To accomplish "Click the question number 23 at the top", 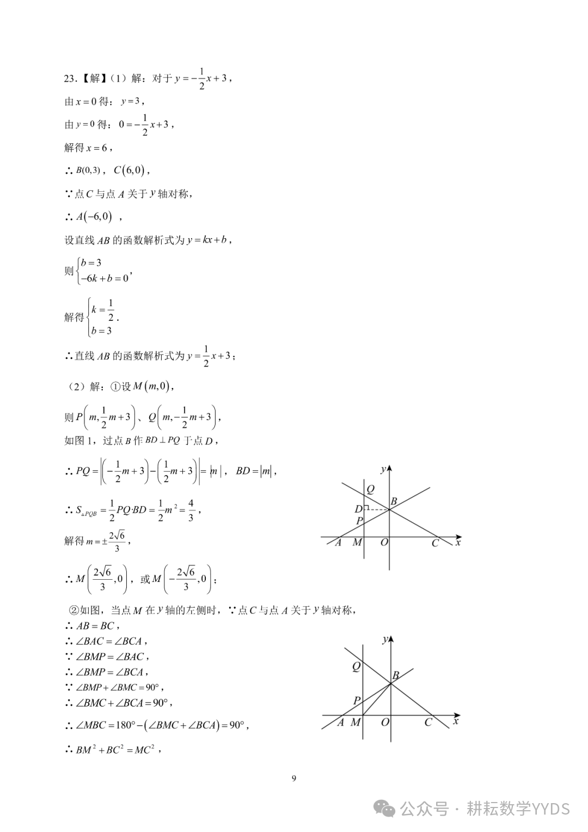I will pos(69,78).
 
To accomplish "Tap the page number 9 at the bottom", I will pos(294,778).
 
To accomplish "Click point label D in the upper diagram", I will pos(358,509).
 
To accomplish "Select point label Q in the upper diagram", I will pos(370,489).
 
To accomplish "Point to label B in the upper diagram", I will pos(394,501).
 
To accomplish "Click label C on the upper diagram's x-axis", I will pos(435,543).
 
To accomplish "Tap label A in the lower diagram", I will pos(341,722).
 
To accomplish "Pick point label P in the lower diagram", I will pos(357,701).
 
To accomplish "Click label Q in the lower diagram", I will pos(356,666).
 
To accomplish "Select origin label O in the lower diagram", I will pos(385,722).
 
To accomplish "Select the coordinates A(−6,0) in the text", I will pos(94,217).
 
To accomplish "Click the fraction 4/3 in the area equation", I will pos(191,511).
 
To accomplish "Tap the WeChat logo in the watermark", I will pos(387,809).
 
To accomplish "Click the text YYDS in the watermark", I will pos(551,809).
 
